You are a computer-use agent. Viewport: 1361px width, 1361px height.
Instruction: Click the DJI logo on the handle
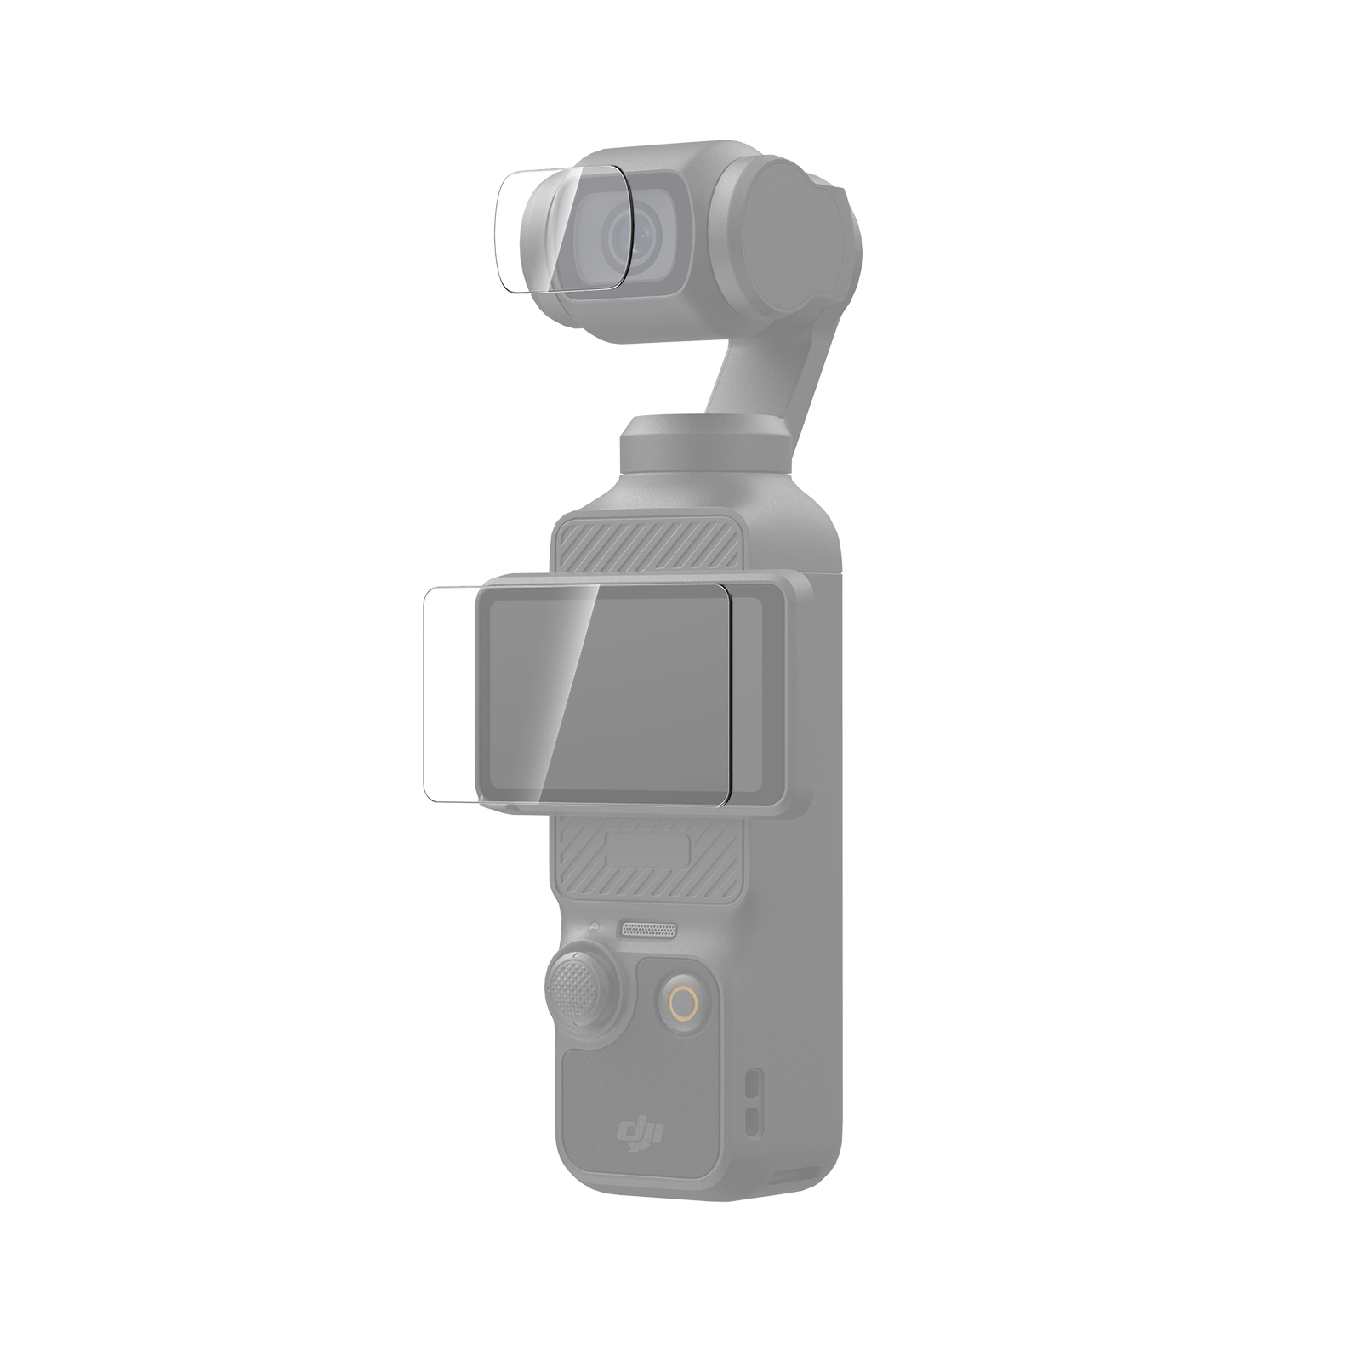[x=642, y=1134]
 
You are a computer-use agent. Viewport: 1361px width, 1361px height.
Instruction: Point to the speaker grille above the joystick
[x=649, y=929]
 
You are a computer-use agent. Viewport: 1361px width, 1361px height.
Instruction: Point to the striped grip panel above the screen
[x=644, y=545]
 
